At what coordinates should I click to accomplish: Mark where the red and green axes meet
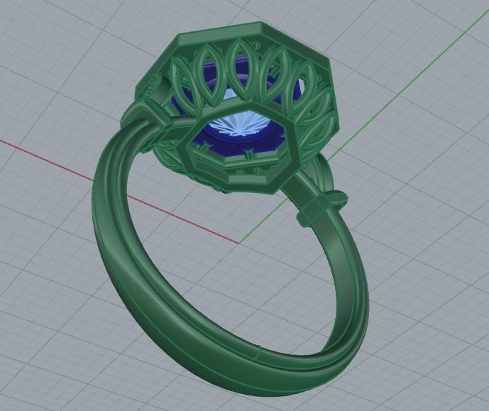pos(238,243)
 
